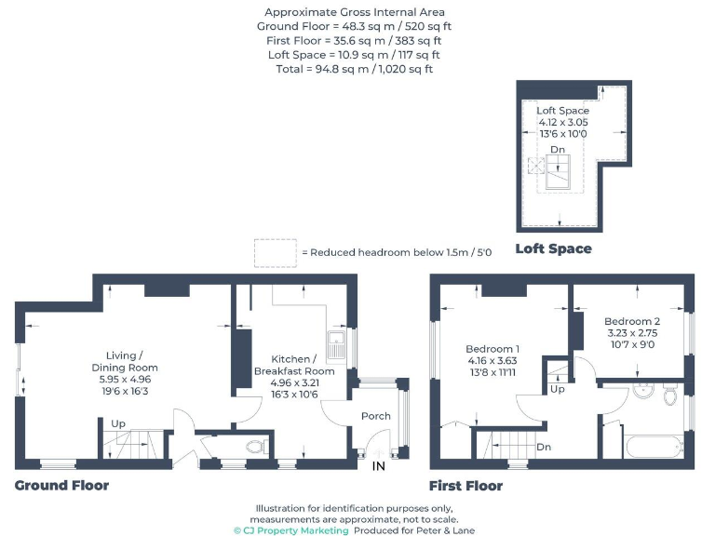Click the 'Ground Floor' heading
61,486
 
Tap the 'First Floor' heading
465,486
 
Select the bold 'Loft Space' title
553,248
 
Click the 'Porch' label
376,416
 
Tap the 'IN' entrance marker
379,465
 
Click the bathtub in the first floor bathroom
655,446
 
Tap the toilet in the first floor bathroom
670,395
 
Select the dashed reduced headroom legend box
275,252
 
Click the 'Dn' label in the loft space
557,149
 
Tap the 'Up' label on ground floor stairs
118,423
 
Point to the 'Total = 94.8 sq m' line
354,69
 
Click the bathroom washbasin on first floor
641,391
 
